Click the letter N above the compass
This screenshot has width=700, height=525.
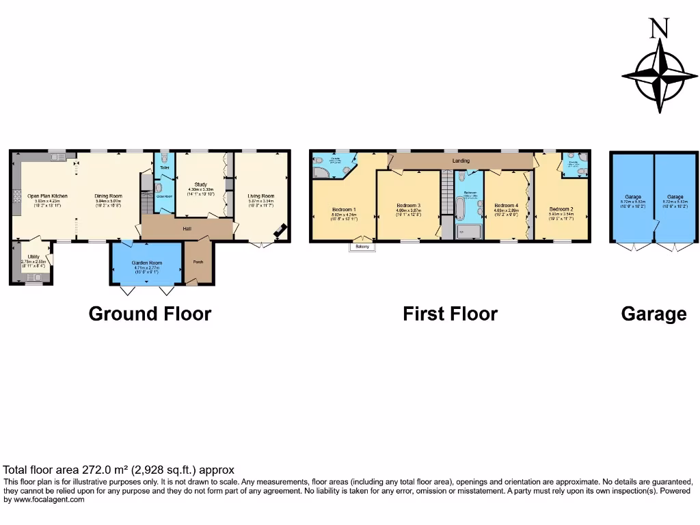click(658, 28)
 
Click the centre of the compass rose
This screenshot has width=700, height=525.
click(660, 74)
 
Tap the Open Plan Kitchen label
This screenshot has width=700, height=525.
click(47, 196)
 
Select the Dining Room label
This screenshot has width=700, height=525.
click(108, 196)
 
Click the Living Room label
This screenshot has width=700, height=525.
click(260, 196)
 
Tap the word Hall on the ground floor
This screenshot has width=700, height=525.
click(187, 228)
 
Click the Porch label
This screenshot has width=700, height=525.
click(198, 262)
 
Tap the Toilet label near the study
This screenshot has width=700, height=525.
click(164, 167)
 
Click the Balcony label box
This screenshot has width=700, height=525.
click(362, 247)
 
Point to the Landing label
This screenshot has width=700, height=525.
click(461, 161)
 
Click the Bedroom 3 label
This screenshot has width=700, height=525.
click(408, 205)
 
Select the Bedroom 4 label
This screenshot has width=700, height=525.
click(506, 205)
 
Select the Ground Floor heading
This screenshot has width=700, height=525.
click(150, 314)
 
